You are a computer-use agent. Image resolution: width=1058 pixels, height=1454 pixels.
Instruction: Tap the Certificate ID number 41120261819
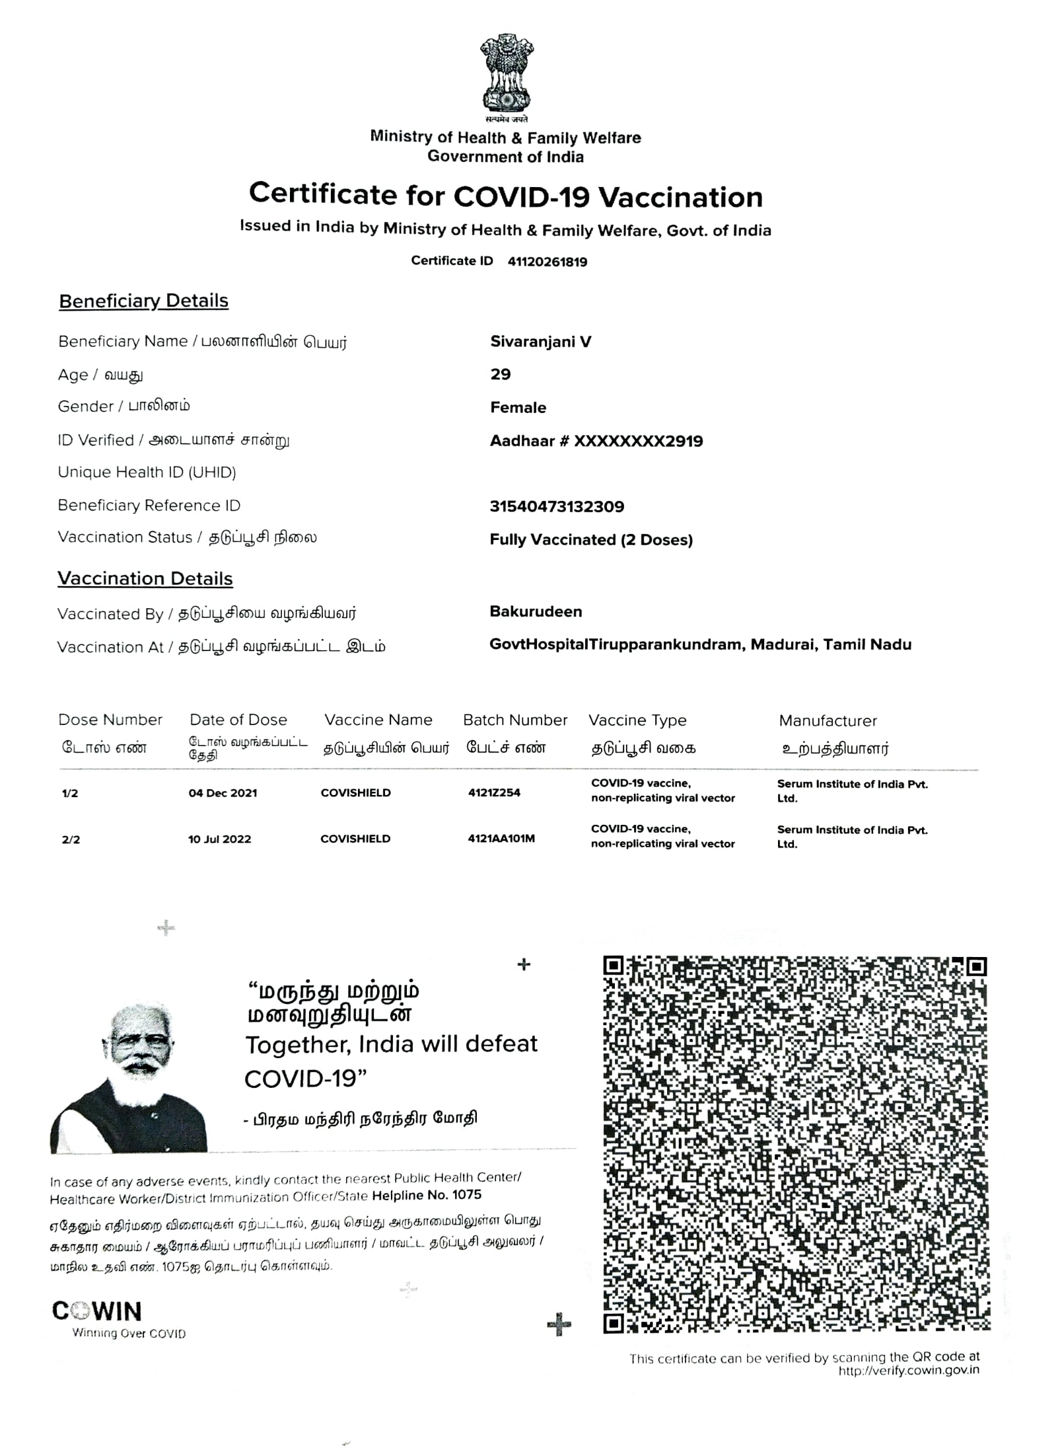pyautogui.click(x=547, y=262)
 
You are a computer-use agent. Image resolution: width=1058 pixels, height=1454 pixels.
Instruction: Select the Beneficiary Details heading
pyautogui.click(x=143, y=301)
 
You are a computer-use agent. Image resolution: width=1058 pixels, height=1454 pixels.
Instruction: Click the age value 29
pyautogui.click(x=500, y=374)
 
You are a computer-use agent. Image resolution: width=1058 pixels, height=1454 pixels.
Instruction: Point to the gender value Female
pyautogui.click(x=518, y=407)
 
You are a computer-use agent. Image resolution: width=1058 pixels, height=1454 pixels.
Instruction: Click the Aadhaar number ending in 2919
pyautogui.click(x=596, y=441)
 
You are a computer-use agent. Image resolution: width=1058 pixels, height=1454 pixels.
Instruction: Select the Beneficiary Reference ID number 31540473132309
pyautogui.click(x=556, y=507)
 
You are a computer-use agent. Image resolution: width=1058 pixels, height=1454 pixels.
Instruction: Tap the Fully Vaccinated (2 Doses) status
pyautogui.click(x=590, y=539)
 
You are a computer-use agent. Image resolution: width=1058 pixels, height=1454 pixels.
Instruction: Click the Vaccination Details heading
pyautogui.click(x=145, y=578)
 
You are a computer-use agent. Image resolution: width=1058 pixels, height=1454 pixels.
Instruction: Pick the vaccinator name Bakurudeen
pyautogui.click(x=535, y=611)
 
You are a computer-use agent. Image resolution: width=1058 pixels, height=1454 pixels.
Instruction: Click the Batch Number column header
pyautogui.click(x=514, y=720)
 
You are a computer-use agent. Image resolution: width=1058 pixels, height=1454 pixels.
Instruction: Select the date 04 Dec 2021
pyautogui.click(x=223, y=793)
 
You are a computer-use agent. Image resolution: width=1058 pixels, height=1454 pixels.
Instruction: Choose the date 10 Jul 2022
pyautogui.click(x=219, y=839)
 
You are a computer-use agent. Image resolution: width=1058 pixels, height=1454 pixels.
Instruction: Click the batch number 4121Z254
pyautogui.click(x=494, y=792)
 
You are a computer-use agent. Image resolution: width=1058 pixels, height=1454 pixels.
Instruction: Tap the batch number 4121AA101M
pyautogui.click(x=501, y=839)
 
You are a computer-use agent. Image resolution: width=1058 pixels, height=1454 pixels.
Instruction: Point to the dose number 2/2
pyautogui.click(x=71, y=840)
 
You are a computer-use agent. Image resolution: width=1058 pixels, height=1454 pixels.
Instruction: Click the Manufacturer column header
pyautogui.click(x=828, y=720)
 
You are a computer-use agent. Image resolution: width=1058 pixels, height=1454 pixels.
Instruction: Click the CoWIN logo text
pyautogui.click(x=96, y=1311)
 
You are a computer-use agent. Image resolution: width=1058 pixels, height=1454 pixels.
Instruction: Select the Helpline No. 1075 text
pyautogui.click(x=426, y=1195)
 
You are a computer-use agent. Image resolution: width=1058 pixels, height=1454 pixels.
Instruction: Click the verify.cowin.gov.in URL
pyautogui.click(x=909, y=1370)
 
